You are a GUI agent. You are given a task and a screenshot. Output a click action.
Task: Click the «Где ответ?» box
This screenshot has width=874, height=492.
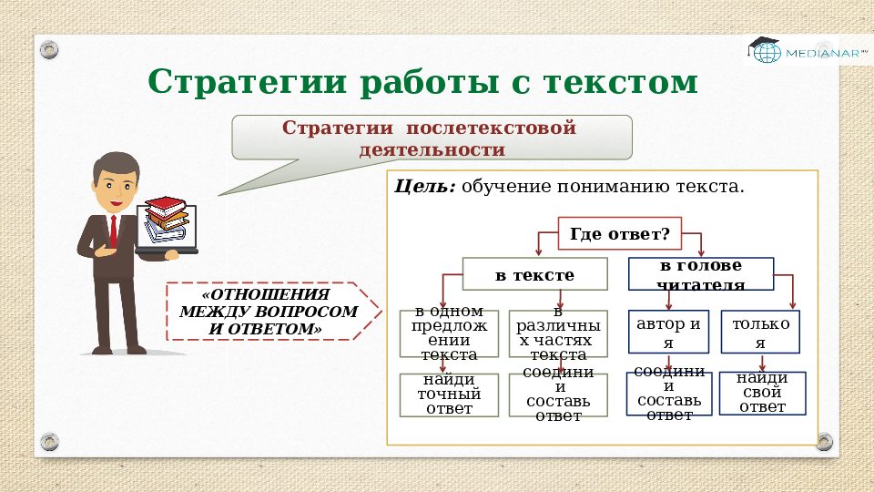click(619, 235)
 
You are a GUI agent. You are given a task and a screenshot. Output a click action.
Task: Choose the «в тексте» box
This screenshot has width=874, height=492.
click(534, 274)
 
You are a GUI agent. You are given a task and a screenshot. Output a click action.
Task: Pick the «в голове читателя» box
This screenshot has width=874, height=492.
click(701, 274)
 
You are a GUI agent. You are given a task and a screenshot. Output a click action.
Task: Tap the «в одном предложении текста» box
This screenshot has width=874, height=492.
click(449, 333)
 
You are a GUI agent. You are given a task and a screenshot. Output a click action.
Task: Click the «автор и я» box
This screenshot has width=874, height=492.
click(668, 333)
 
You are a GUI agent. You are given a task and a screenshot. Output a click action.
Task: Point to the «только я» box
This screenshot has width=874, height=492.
click(760, 333)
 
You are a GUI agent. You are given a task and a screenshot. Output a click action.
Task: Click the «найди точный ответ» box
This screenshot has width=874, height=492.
click(449, 395)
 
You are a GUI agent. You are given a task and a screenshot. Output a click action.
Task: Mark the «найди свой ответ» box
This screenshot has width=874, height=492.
click(762, 393)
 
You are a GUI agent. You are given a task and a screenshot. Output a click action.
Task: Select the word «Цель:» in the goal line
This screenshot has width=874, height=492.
click(424, 187)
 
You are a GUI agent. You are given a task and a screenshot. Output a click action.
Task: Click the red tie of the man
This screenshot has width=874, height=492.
click(113, 231)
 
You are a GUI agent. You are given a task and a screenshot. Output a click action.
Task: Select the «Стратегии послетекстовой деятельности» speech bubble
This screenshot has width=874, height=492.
click(432, 138)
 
